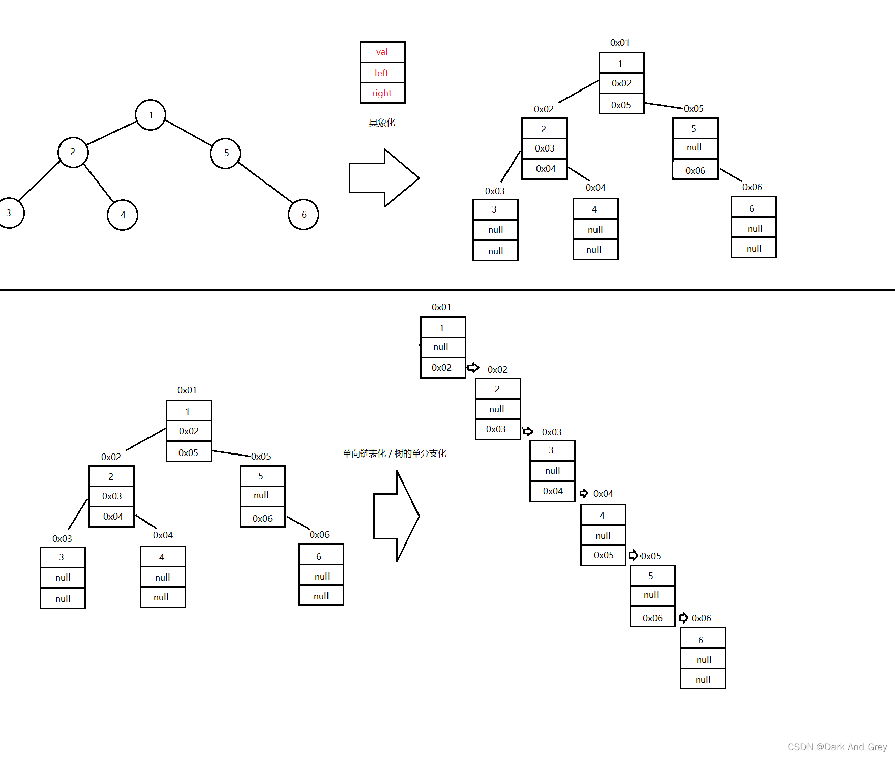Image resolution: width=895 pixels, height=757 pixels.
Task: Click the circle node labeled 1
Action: pyautogui.click(x=151, y=115)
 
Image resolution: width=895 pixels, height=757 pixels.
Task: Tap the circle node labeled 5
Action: pyautogui.click(x=225, y=153)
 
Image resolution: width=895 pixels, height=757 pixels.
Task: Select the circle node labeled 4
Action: pyautogui.click(x=123, y=215)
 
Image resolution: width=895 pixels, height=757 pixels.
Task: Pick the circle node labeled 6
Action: pyautogui.click(x=304, y=215)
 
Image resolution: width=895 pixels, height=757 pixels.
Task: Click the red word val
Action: pyautogui.click(x=382, y=52)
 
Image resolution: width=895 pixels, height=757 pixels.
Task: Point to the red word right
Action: pyautogui.click(x=382, y=93)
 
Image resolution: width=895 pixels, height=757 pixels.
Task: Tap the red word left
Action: pyautogui.click(x=382, y=73)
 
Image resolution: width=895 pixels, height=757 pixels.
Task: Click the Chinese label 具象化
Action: pyautogui.click(x=382, y=123)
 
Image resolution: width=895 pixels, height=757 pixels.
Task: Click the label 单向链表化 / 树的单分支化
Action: pyautogui.click(x=395, y=453)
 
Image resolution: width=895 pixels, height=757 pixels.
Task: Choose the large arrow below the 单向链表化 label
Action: pyautogui.click(x=396, y=516)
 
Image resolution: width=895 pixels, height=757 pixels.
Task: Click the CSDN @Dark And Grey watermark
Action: pyautogui.click(x=837, y=747)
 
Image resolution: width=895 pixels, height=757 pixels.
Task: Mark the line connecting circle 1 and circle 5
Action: pyautogui.click(x=188, y=133)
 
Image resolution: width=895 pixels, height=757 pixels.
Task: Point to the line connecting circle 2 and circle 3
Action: pyautogui.click(x=40, y=180)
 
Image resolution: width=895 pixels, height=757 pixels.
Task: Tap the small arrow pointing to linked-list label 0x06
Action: pyautogui.click(x=683, y=618)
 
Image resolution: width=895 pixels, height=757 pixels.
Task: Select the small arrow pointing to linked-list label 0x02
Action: pyautogui.click(x=473, y=367)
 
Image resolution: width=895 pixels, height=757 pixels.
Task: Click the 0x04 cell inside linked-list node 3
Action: pyautogui.click(x=553, y=491)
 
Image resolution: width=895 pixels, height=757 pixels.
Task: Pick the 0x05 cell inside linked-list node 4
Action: pyautogui.click(x=604, y=555)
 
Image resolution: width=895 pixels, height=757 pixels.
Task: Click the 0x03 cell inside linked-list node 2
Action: pyautogui.click(x=496, y=429)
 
